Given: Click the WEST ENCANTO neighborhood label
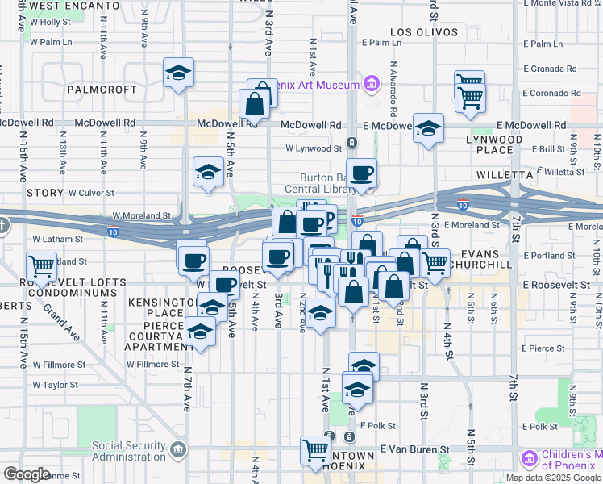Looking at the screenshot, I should [x=69, y=5].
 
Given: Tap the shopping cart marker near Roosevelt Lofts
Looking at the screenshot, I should [x=41, y=265].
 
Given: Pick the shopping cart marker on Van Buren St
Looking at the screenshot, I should [x=316, y=449].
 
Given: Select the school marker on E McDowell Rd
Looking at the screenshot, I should [x=429, y=127].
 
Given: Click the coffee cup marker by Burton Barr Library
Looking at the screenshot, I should [x=362, y=172].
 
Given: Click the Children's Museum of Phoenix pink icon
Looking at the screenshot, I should [x=530, y=459].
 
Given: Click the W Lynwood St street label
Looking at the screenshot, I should [x=314, y=148].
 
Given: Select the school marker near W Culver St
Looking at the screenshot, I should [x=208, y=172].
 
